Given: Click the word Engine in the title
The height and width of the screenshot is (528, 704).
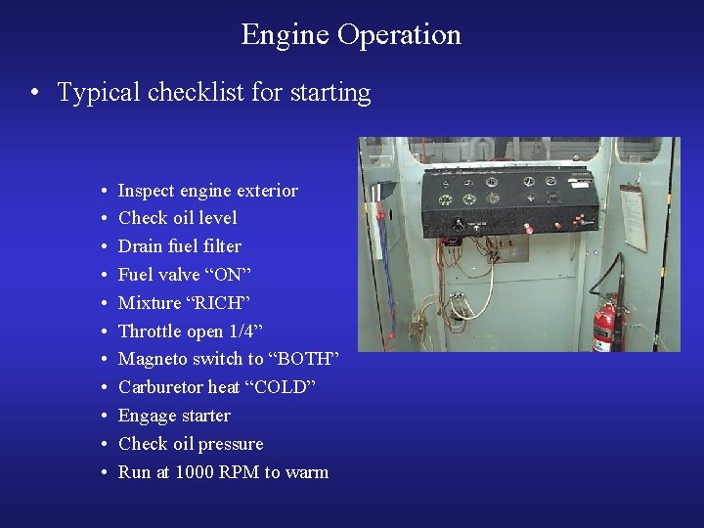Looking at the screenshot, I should [x=286, y=35].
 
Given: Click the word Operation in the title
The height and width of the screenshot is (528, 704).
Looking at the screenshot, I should [x=399, y=35].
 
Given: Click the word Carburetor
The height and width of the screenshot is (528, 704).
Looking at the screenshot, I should [x=160, y=387].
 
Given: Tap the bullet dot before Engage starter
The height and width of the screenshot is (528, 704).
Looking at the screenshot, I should [x=103, y=417].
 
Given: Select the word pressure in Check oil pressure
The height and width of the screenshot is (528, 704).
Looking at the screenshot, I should [x=232, y=444].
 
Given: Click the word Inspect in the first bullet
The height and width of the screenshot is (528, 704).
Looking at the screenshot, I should [x=146, y=190].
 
